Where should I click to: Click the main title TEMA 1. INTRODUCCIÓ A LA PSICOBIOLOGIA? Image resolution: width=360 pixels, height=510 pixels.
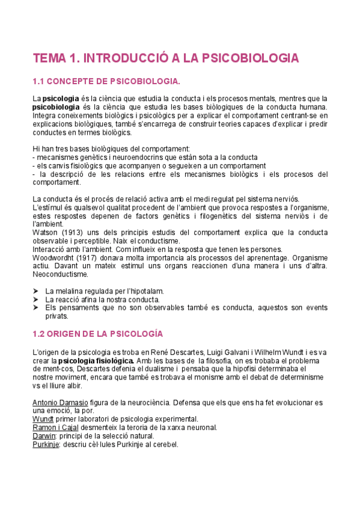click(x=165, y=58)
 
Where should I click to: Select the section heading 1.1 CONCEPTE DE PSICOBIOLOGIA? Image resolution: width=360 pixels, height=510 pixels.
click(x=106, y=81)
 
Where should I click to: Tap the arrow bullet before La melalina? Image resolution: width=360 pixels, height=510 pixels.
click(x=35, y=291)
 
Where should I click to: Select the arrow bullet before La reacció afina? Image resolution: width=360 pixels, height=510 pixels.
click(x=35, y=300)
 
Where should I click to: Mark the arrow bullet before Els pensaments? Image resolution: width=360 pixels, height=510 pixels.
click(x=35, y=308)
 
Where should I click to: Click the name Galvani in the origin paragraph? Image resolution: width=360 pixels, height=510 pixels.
click(x=230, y=351)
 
